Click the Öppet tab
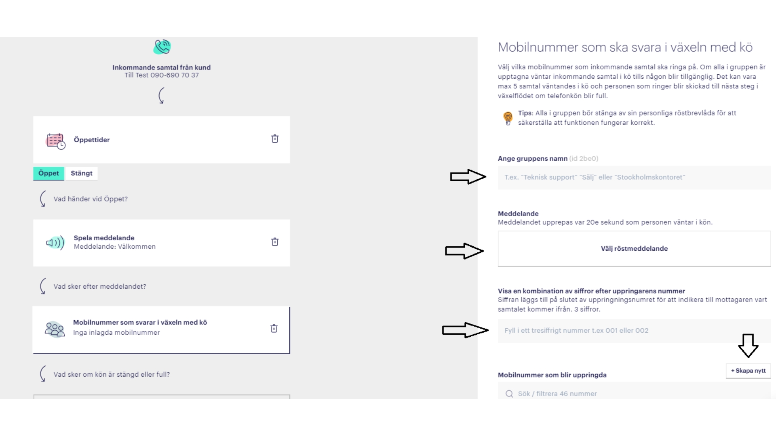pos(48,173)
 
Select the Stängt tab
pos(81,173)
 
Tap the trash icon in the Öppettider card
pos(275,139)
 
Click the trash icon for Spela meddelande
pos(275,242)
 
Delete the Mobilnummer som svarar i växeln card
pos(274,329)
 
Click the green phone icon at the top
pos(162,47)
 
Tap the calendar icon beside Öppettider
pos(55,141)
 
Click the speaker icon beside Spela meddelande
pos(55,243)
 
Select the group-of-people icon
pos(55,329)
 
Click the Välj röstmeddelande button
pos(634,249)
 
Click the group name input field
pos(634,177)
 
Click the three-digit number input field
pos(634,331)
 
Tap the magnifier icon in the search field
pos(509,394)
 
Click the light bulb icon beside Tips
pos(508,118)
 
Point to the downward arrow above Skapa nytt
pos(748,345)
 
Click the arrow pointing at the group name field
pos(468,176)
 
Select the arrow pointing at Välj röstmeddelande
pos(464,251)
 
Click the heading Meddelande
pos(518,214)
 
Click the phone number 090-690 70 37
pos(175,75)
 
